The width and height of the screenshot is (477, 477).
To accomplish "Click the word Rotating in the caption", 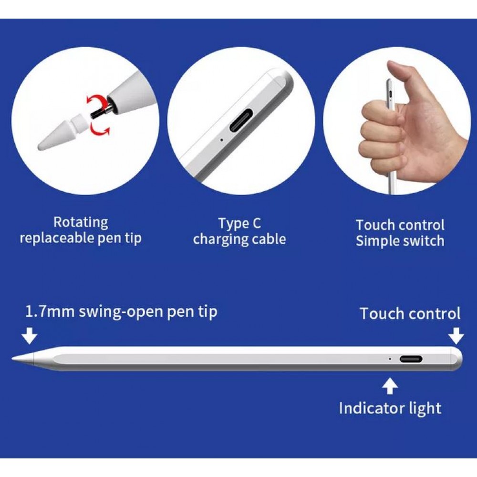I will click(81, 222).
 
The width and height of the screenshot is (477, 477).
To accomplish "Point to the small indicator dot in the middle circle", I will click(221, 140).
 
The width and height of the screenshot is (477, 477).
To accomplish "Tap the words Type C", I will click(239, 223).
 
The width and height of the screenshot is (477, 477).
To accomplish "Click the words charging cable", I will click(239, 238).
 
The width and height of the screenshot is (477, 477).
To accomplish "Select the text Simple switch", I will click(400, 240).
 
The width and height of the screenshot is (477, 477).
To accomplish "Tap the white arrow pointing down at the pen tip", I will click(30, 337).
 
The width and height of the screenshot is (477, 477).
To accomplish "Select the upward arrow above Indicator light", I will click(390, 386).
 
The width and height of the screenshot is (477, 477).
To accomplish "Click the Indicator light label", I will click(390, 408).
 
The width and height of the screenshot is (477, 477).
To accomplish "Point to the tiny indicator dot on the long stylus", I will click(390, 359).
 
